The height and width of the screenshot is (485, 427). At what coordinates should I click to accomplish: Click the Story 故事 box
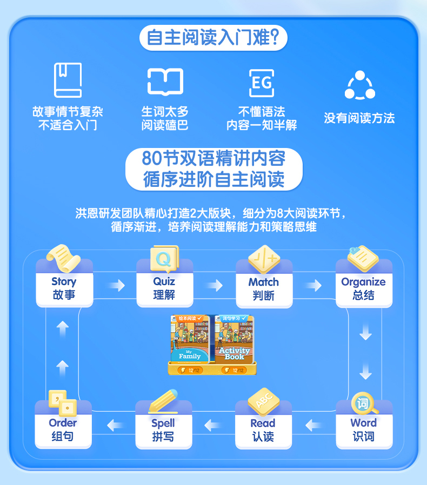(64, 288)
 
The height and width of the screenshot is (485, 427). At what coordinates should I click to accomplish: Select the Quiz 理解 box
(164, 288)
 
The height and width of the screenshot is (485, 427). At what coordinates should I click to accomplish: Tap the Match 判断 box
(264, 288)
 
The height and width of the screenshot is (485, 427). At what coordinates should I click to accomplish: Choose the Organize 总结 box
(363, 288)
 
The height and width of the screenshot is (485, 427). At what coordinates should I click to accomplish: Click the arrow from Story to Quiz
(115, 285)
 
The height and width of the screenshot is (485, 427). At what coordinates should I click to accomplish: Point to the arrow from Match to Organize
(313, 285)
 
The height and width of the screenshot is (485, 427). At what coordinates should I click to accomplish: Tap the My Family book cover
(190, 339)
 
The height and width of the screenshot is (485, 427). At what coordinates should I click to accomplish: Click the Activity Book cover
(234, 339)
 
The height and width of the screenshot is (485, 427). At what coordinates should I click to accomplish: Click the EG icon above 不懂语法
(262, 83)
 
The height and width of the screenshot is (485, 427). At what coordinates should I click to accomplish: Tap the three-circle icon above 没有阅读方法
(359, 85)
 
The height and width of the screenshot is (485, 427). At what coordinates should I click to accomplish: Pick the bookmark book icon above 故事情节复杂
(68, 80)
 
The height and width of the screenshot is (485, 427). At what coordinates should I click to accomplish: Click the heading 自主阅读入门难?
(213, 38)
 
